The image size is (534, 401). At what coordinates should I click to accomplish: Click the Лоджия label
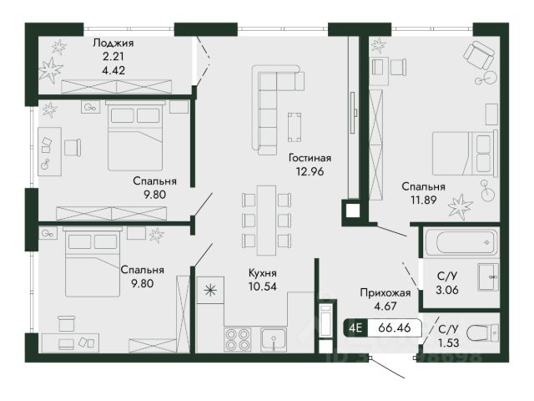tap(113, 43)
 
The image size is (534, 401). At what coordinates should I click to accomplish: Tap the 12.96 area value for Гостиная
tap(310, 171)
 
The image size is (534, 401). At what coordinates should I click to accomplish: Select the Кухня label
tap(263, 273)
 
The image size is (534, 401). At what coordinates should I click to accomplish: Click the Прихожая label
tap(385, 292)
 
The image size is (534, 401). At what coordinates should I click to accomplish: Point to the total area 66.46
tap(395, 327)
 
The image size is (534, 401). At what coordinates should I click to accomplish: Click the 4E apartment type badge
tap(355, 327)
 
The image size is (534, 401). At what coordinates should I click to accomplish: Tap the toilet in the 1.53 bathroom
tap(482, 332)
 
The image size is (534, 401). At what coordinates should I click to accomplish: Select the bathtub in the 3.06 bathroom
tap(462, 242)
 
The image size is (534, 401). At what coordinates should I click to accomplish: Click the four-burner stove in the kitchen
tap(237, 340)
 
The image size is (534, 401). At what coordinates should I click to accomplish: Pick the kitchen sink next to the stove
tap(274, 340)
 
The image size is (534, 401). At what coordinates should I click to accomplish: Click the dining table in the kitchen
tap(266, 221)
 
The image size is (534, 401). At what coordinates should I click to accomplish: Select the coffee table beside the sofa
tap(295, 127)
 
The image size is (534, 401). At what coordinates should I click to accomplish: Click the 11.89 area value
tap(423, 200)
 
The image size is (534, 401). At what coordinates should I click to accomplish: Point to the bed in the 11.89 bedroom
tap(466, 154)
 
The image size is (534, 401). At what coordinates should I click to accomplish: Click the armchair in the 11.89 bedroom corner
tap(478, 54)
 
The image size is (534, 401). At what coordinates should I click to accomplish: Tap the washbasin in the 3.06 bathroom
tap(488, 277)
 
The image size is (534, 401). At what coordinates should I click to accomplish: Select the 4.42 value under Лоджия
tap(113, 70)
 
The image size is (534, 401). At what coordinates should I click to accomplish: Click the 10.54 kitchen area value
tap(263, 287)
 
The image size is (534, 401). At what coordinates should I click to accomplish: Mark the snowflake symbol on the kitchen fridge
tap(210, 290)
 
